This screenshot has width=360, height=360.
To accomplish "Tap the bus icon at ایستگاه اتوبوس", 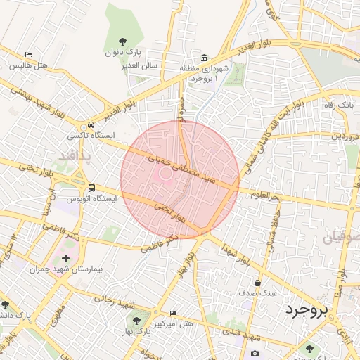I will pos(92,188).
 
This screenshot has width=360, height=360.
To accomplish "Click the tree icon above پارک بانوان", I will pos(124,41).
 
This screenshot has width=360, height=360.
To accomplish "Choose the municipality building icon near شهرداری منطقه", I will pos(204,58).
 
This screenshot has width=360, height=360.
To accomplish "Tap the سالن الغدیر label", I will pos(144,65).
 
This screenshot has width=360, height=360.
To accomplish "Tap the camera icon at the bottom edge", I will pos(255,353).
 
